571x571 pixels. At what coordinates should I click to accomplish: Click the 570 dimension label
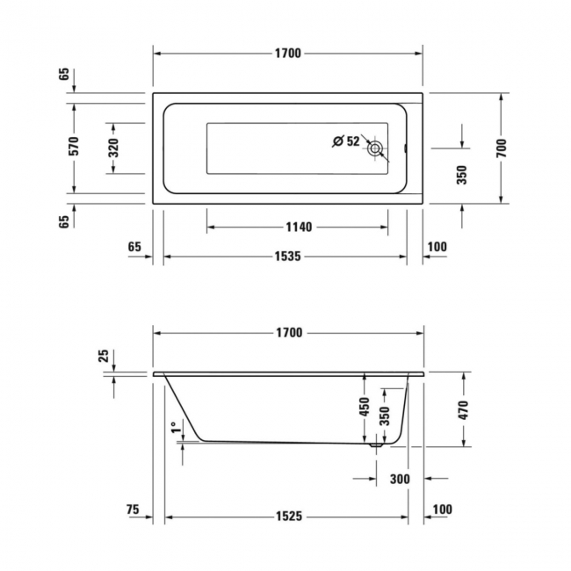click(75, 147)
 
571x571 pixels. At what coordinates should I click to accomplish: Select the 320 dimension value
click(113, 148)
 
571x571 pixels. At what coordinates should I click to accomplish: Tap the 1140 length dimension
click(299, 227)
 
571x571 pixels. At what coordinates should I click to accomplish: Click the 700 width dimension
click(501, 148)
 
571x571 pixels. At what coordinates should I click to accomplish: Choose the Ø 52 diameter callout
click(346, 141)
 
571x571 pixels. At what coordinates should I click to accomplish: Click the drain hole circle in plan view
click(376, 148)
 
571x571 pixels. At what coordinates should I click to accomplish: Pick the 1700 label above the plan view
click(287, 54)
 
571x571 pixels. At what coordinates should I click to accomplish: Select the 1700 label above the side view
click(287, 333)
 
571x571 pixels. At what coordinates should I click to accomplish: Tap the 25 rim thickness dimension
click(104, 356)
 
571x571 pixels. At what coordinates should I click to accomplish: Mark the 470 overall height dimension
click(464, 408)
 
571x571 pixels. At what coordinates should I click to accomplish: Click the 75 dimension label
click(133, 510)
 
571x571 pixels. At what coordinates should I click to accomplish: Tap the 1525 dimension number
click(287, 517)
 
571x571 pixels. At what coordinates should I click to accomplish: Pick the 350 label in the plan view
click(462, 175)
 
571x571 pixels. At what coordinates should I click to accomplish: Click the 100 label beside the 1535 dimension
click(437, 247)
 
